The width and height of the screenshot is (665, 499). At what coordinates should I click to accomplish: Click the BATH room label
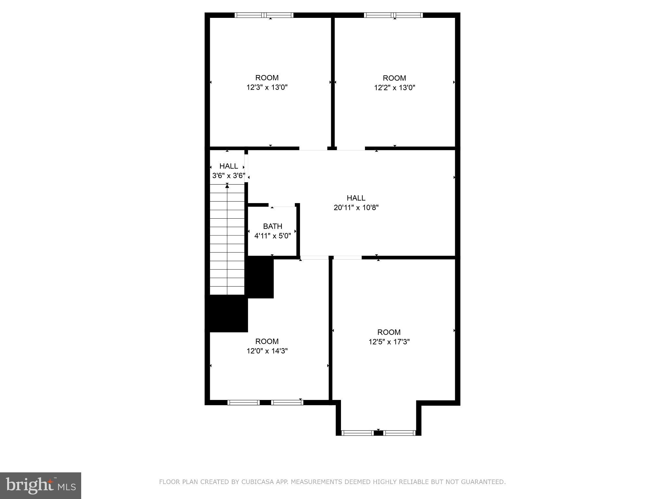click(x=272, y=226)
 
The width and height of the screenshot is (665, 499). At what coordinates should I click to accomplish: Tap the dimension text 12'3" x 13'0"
click(x=267, y=87)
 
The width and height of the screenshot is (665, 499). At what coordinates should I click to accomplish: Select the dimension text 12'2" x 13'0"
click(x=395, y=88)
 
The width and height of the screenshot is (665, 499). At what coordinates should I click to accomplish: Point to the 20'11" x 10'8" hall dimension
click(x=356, y=208)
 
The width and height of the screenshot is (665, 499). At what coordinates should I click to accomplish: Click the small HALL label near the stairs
click(x=229, y=166)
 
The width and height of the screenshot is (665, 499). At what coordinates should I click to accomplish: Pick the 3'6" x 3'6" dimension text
click(x=229, y=176)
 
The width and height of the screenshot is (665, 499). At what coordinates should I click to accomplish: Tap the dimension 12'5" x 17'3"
click(x=389, y=342)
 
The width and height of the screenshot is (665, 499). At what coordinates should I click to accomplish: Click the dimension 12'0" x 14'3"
click(x=267, y=351)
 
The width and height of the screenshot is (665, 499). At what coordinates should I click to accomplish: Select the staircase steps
click(x=227, y=240)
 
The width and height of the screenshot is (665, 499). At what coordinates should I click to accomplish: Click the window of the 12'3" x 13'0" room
click(x=264, y=15)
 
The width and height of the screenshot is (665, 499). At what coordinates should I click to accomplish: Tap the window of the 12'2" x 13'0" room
click(x=393, y=15)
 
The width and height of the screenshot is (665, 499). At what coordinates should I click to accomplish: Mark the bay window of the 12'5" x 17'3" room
click(x=379, y=433)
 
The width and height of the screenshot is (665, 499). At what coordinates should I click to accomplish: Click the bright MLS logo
click(x=41, y=485)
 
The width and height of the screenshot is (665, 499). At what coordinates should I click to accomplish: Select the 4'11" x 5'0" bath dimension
click(x=272, y=236)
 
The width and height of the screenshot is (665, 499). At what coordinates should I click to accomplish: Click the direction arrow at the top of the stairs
click(x=227, y=186)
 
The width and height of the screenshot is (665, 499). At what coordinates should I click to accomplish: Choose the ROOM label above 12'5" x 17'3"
click(x=389, y=332)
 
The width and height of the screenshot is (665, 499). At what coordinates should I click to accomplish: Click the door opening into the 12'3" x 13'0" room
click(x=313, y=148)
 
